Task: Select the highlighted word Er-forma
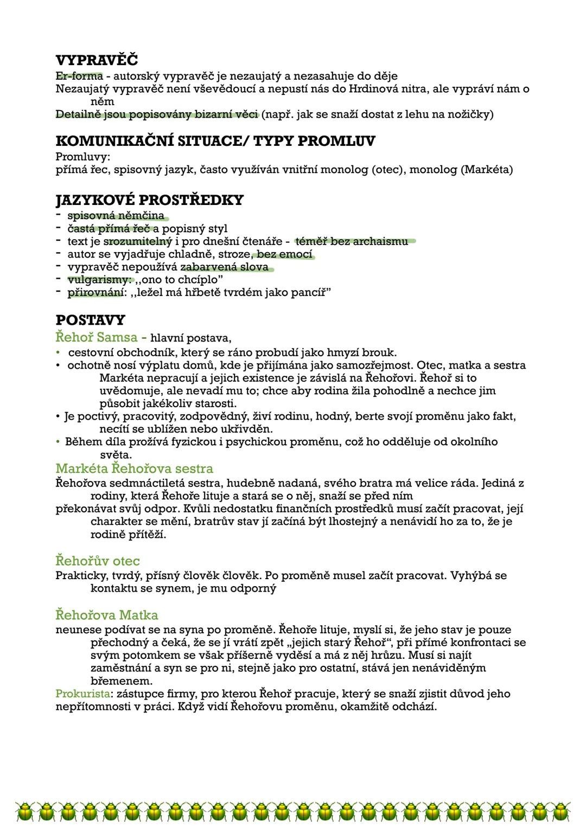click(79, 75)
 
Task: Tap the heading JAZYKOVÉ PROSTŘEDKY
click(149, 200)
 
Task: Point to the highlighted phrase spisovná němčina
click(116, 215)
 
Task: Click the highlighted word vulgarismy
click(100, 280)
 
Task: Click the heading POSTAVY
click(90, 320)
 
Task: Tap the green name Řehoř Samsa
click(97, 337)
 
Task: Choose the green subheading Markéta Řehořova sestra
click(134, 468)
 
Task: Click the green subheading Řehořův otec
click(98, 560)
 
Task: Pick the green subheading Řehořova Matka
click(107, 615)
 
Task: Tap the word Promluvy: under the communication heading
click(83, 157)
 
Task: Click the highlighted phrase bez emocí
click(285, 254)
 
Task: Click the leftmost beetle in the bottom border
click(25, 811)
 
